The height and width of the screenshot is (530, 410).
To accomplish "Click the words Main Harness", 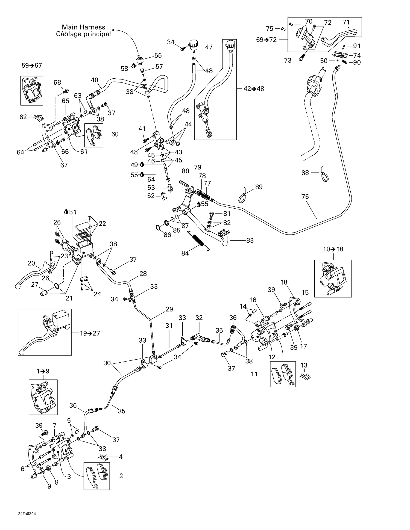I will tap(83, 27).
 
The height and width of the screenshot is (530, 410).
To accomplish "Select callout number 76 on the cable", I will tap(305, 197).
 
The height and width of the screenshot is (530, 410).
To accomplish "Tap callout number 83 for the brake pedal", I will tap(250, 240).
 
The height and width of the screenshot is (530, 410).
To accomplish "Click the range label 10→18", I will tap(333, 249).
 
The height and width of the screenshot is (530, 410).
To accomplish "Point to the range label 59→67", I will tap(32, 66).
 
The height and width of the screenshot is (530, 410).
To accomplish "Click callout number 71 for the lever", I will tap(346, 22).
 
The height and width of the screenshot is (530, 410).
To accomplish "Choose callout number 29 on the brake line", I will tap(169, 309).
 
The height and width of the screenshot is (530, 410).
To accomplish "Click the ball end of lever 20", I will tap(17, 286).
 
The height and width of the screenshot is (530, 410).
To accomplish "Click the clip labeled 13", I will tap(305, 377).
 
